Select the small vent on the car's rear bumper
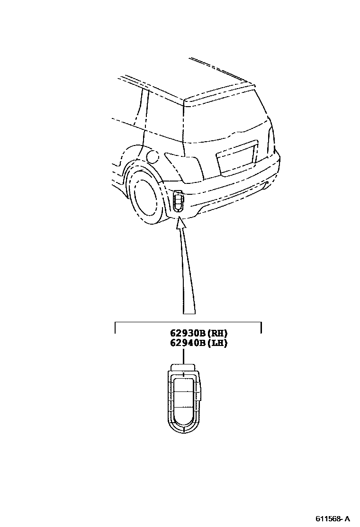[178, 200]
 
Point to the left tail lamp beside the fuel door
[185, 166]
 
